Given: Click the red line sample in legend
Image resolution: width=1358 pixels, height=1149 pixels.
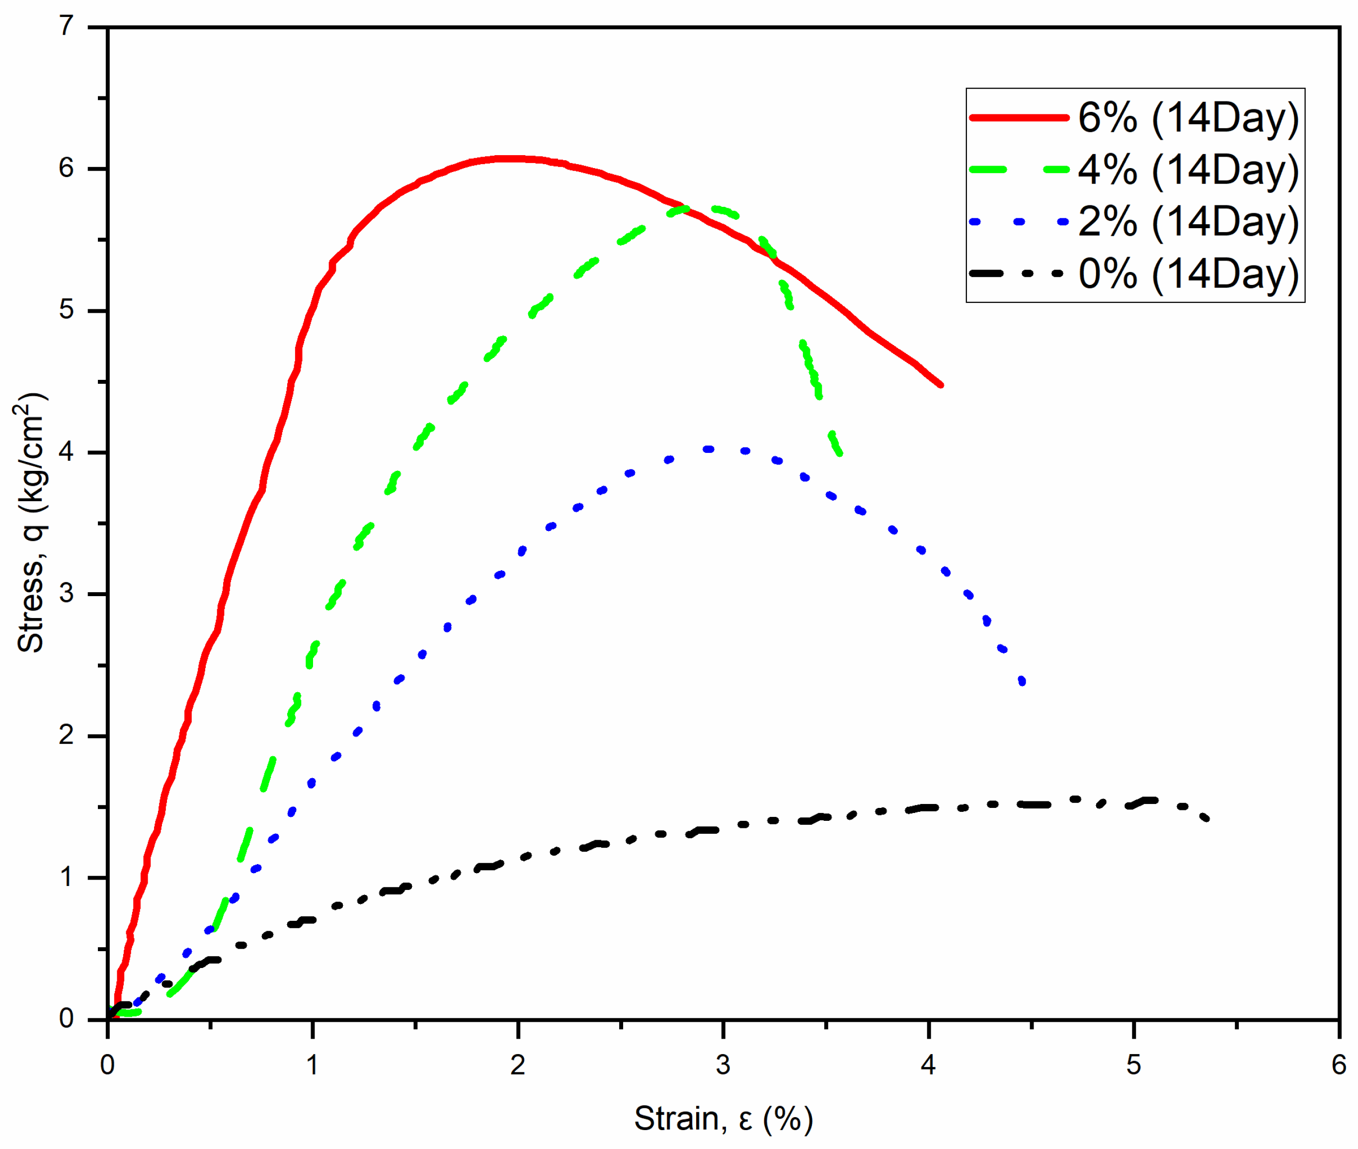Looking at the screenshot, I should (x=1018, y=118).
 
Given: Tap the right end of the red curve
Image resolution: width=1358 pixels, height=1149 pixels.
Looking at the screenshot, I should (x=941, y=385).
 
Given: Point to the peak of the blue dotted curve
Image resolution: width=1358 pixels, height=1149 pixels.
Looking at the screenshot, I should (x=708, y=449).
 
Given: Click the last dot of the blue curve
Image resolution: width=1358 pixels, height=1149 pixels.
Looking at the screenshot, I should (x=1022, y=681).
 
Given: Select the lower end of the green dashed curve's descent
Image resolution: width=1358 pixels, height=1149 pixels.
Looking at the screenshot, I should (x=840, y=453).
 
